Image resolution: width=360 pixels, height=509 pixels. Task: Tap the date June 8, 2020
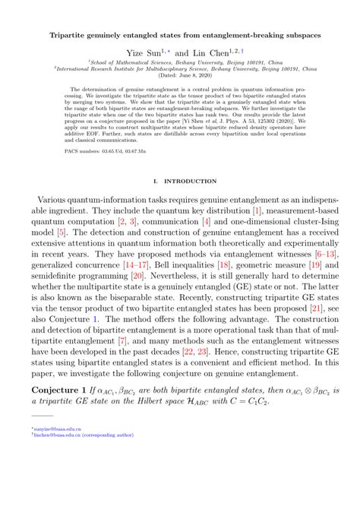(186, 77)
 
